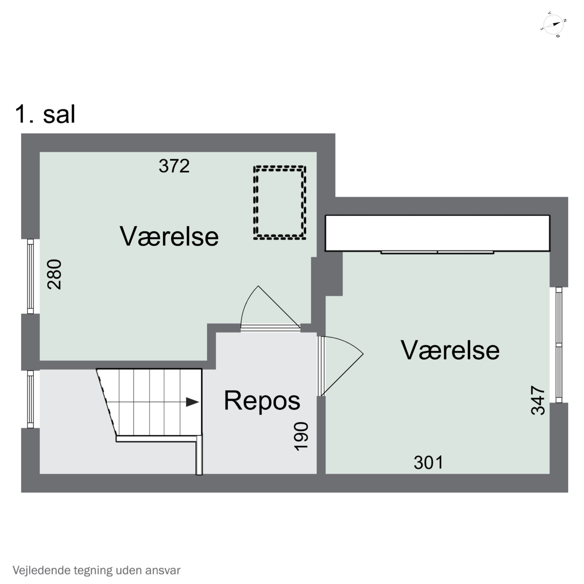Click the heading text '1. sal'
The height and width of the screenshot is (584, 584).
point(45,115)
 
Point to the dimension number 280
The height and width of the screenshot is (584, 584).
point(55,274)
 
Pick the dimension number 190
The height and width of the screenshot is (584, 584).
point(302,436)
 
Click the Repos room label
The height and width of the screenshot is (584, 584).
point(262,400)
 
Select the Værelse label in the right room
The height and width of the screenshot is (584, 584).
point(450,350)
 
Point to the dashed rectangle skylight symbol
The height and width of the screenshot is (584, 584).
point(280,202)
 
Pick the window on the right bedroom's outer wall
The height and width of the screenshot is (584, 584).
point(559,345)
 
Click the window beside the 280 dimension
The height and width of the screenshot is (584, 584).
point(30,276)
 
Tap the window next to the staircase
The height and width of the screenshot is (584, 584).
point(30,399)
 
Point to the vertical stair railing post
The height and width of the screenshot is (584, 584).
point(199,455)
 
